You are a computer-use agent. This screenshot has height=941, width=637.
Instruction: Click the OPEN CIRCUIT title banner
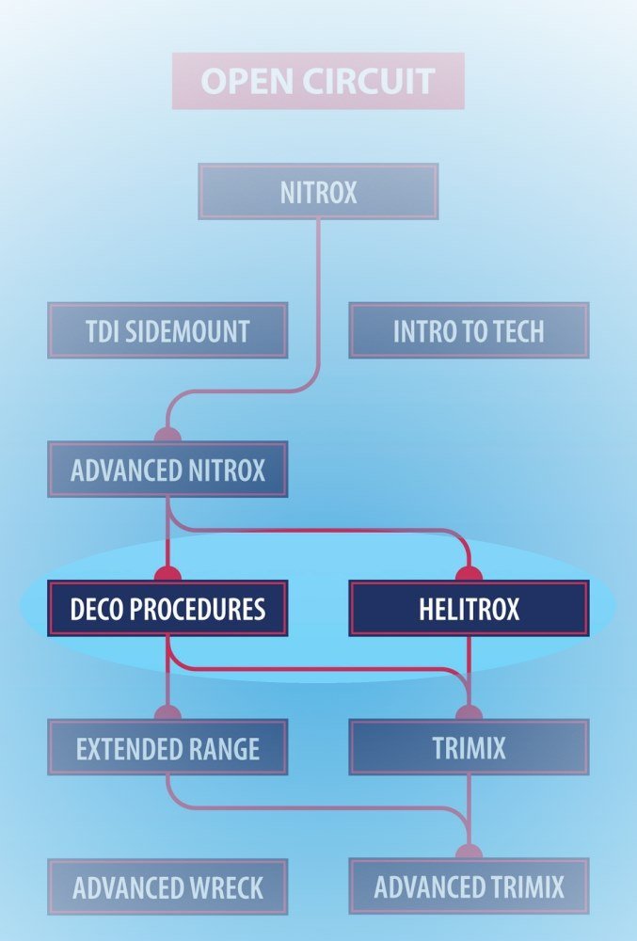pos(318,81)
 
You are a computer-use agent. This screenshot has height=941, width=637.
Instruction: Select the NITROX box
pos(318,192)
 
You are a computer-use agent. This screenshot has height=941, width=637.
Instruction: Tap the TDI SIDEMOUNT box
pos(167,330)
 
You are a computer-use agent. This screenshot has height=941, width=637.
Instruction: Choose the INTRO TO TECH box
pos(469,330)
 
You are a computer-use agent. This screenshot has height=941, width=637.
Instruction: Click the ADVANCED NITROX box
pos(167,470)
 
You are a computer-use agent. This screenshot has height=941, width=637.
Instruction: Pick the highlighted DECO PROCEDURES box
pos(167,609)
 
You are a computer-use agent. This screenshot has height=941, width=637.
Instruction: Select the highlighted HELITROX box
pos(469,609)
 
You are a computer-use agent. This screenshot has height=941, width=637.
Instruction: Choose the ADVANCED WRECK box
pos(167,886)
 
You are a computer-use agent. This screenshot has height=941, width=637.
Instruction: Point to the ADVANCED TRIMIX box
pos(469,886)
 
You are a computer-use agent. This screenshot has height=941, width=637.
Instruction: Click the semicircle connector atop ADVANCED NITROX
pos(167,435)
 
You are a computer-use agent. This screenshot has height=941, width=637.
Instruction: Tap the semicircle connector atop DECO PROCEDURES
pos(167,574)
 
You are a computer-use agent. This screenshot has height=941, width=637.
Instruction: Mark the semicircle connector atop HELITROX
pos(469,574)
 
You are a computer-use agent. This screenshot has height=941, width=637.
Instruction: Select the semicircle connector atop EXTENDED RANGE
pos(167,713)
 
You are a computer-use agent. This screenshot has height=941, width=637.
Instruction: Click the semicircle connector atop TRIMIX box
pos(469,713)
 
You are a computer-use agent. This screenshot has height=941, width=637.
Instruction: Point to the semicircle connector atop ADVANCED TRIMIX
pos(469,853)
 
